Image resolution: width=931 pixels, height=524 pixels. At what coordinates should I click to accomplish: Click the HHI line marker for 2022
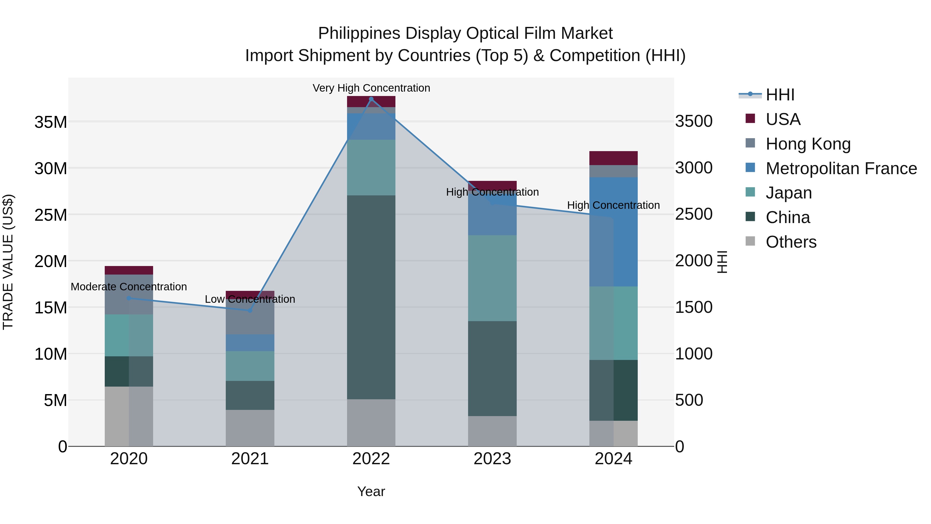pos(371,99)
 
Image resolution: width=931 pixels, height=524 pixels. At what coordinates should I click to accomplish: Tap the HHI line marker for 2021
pos(250,311)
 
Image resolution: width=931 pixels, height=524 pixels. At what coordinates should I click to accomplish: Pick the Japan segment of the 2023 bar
pos(492,278)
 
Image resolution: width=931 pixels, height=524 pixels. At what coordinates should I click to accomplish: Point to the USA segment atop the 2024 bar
pos(613,158)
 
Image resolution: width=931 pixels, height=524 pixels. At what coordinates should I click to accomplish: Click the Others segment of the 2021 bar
pos(250,428)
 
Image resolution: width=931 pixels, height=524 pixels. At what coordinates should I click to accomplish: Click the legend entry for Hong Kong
pos(808,144)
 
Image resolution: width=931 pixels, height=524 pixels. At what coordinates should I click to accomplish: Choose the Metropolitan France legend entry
pos(841,168)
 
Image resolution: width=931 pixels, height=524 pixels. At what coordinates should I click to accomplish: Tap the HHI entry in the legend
pos(780,95)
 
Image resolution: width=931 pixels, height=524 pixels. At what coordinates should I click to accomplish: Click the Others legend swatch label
pos(791,242)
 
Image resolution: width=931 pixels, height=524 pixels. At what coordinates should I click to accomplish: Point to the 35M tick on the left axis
pos(51,122)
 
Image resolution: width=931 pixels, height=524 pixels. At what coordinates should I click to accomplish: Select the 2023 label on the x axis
pos(492,459)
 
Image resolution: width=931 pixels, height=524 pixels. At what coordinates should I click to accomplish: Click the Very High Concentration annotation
pos(371,88)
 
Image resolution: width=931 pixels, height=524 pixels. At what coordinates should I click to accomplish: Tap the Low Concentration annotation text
pos(250,299)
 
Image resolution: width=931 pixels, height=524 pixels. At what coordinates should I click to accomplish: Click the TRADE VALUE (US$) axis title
pos(8,262)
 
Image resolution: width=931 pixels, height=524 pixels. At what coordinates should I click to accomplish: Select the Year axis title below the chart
pos(371,491)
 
